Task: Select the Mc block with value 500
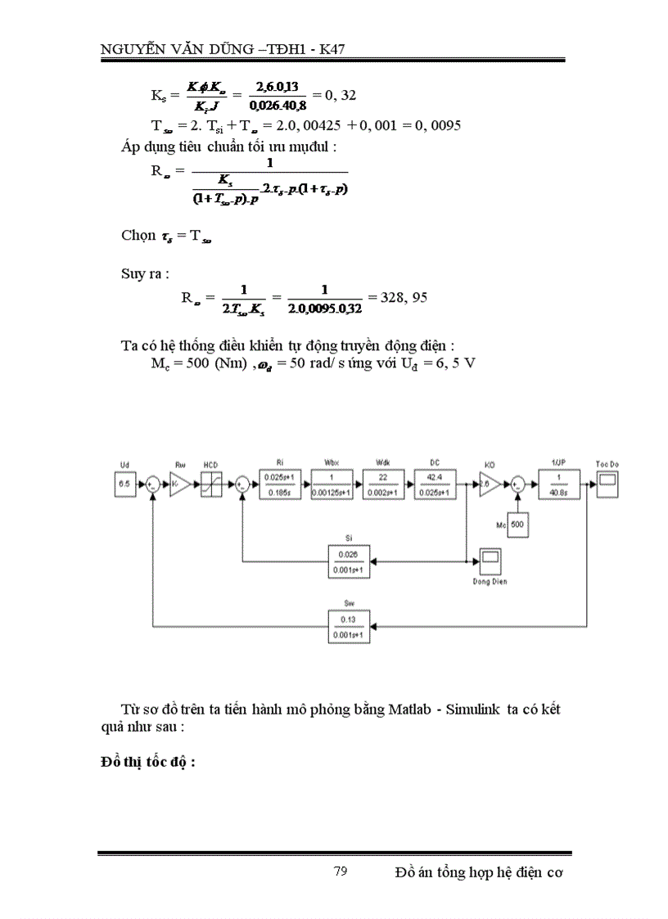point(516,522)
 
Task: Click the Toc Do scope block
point(607,483)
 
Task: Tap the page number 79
point(341,871)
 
